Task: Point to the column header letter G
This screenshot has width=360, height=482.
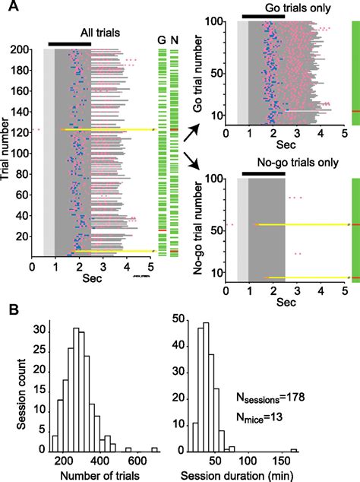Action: [161, 40]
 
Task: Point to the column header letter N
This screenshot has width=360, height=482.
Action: [174, 40]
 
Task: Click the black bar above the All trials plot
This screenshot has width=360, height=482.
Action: [69, 44]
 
